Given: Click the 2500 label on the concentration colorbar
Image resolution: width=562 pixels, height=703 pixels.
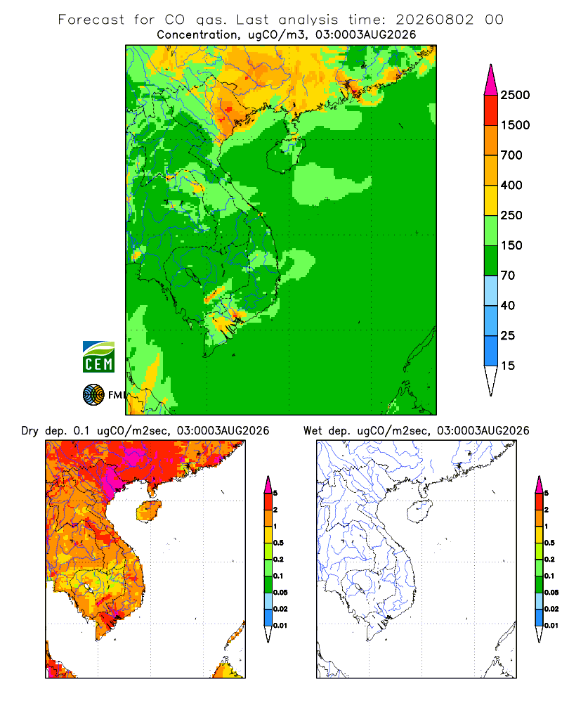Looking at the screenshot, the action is (515, 95).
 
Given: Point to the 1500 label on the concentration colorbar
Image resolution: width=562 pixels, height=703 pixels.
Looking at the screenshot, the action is (515, 125).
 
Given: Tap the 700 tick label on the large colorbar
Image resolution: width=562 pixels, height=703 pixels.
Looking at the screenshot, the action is (511, 155).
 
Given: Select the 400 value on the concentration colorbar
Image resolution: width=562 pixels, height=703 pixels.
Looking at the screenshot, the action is (511, 185).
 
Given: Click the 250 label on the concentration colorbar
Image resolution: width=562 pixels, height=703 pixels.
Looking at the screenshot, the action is (511, 215).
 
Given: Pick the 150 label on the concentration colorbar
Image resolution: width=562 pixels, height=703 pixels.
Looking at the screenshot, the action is (511, 245).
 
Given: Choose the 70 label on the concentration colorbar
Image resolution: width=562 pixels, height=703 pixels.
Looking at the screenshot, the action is (508, 276).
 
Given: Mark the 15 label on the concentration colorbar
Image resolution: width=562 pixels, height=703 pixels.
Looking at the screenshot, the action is (508, 366).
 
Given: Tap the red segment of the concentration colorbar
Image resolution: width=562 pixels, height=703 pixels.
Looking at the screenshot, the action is (491, 110).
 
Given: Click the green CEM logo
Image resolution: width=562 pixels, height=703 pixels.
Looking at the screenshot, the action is (98, 357).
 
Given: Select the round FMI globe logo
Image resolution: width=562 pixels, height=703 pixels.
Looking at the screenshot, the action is (93, 395).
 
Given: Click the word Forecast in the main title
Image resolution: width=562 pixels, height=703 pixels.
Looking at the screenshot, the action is (91, 20).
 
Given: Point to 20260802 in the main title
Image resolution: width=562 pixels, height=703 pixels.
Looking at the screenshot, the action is (434, 20).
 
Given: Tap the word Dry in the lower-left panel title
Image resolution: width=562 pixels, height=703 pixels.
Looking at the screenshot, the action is (30, 431).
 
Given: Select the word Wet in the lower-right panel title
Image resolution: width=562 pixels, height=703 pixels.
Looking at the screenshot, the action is (313, 431).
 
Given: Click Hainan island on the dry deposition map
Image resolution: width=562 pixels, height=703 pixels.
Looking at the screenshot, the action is (148, 511).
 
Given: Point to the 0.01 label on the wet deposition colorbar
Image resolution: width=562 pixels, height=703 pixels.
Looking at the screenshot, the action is (551, 626).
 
